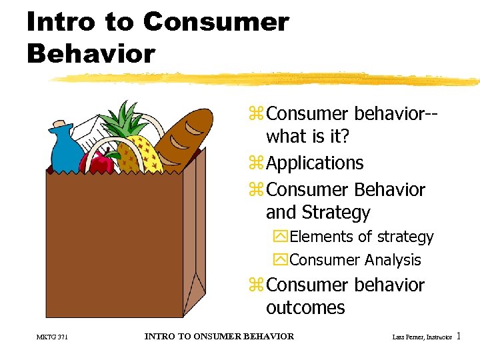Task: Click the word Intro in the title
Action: (x=59, y=22)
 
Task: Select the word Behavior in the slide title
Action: (x=91, y=53)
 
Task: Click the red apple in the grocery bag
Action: (x=96, y=163)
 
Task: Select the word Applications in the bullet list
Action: (x=315, y=163)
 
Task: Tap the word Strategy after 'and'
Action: (x=337, y=213)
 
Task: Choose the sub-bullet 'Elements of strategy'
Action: (x=361, y=237)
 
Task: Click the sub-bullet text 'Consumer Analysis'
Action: (x=355, y=260)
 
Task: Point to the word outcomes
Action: (x=305, y=308)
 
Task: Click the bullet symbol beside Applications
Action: (x=255, y=164)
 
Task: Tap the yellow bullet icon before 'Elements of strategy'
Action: (x=279, y=237)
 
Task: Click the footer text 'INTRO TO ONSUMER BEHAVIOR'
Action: (x=219, y=337)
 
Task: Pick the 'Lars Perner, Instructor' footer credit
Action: (x=423, y=338)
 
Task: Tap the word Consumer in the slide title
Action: (x=216, y=22)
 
